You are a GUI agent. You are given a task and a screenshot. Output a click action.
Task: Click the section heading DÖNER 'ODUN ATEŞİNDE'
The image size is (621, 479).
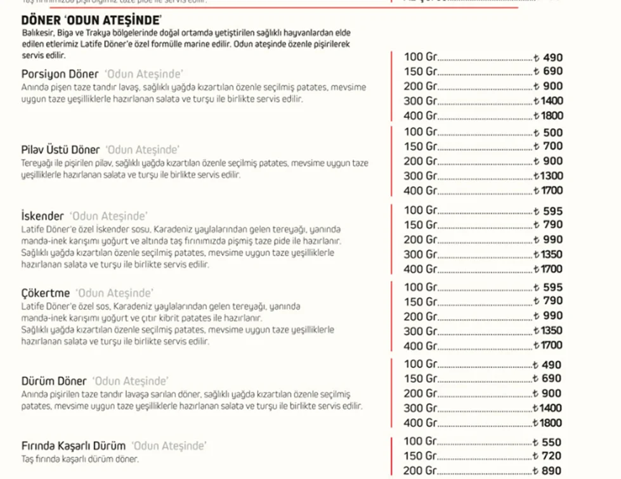click(90, 20)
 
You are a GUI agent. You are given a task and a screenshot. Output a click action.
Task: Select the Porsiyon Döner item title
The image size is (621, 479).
click(60, 73)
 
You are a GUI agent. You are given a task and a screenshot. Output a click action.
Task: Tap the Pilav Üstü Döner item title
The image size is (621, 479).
click(61, 150)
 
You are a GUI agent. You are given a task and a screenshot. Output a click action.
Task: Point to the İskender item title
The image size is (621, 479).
click(42, 215)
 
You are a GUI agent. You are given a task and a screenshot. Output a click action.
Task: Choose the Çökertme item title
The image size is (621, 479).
click(46, 293)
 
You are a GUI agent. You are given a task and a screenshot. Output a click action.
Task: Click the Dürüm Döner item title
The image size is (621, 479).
click(54, 381)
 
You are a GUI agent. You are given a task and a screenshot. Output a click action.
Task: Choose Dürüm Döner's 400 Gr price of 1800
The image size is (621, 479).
click(549, 423)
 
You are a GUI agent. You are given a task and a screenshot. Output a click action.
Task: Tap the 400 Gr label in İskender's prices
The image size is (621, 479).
click(421, 269)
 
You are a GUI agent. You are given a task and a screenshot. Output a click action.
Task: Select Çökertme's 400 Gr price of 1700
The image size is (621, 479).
click(549, 346)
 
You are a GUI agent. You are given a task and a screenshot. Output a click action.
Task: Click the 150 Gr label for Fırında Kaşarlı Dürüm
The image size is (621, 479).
click(421, 456)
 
